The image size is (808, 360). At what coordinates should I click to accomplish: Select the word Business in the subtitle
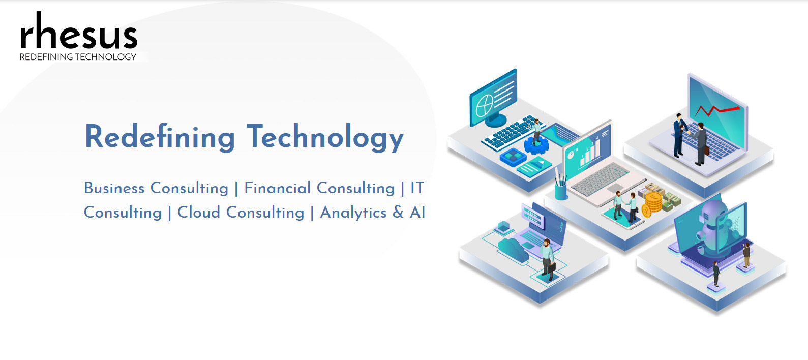(114, 188)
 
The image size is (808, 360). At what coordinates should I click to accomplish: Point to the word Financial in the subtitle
(277, 188)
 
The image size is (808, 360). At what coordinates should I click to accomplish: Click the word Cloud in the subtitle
(199, 213)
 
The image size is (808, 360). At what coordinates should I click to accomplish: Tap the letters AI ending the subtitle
(417, 213)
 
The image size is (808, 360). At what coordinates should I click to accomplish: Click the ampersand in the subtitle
(398, 213)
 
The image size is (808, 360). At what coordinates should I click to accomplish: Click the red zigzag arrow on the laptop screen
(717, 110)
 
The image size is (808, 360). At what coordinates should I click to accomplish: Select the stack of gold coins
(652, 204)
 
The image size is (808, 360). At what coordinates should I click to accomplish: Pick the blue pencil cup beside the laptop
(560, 191)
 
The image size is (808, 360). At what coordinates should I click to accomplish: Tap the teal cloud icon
(514, 249)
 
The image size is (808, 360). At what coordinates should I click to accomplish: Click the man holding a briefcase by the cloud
(548, 259)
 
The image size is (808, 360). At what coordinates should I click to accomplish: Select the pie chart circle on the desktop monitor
(485, 106)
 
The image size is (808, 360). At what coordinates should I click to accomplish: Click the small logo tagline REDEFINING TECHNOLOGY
(78, 57)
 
